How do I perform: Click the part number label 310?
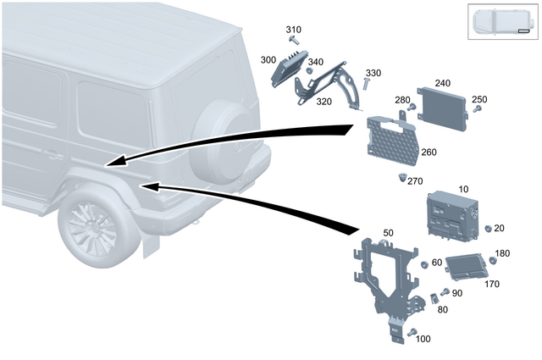293,30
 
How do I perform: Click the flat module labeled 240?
443,109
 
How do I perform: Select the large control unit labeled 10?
453,214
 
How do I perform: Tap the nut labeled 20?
488,229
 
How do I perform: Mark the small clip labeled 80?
431,299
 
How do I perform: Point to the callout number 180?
502,253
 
